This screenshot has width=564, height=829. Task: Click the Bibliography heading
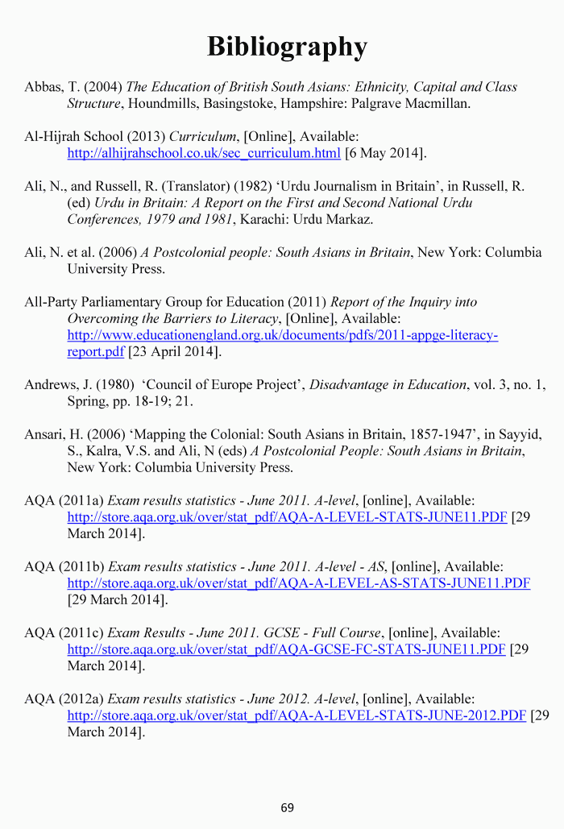click(x=287, y=47)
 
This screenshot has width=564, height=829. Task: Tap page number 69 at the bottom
click(x=288, y=807)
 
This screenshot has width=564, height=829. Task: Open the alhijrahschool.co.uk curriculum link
click(x=204, y=153)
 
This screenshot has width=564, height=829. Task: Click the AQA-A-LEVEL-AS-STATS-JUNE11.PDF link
click(x=298, y=583)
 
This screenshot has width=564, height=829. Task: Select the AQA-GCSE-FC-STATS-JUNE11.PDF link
click(x=286, y=649)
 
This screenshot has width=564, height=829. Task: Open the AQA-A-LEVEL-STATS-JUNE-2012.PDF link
click(x=297, y=715)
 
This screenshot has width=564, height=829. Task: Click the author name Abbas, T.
click(x=52, y=87)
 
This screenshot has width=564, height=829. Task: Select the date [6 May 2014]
click(x=385, y=153)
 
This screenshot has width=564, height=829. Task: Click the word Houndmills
click(x=161, y=104)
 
